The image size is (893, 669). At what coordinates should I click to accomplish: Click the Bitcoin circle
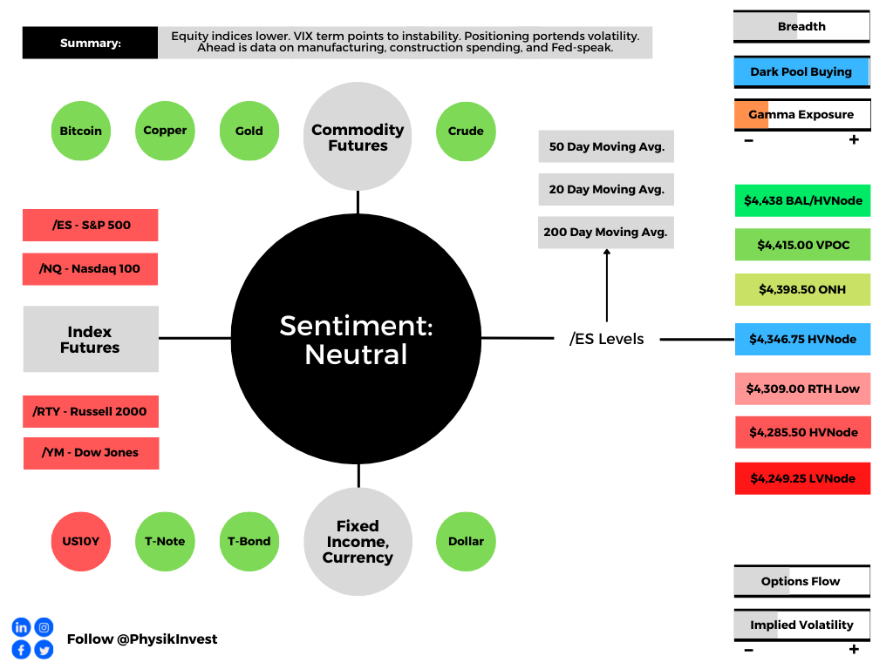point(81,131)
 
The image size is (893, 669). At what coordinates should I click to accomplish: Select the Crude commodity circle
point(466,132)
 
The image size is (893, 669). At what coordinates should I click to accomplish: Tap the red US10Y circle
point(81,542)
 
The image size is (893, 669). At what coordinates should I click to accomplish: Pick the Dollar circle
point(466,542)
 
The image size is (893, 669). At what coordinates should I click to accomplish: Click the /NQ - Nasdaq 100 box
point(90,269)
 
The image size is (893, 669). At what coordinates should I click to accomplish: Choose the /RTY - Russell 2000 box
point(91,411)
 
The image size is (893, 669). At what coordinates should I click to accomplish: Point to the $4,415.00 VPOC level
point(803,245)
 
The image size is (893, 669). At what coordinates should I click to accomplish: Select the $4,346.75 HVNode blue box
point(803,339)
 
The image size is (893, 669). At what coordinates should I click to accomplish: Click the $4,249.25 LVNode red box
point(803,478)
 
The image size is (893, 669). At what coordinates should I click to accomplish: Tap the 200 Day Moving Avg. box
point(606,232)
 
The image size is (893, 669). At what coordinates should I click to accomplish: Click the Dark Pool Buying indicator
point(802,72)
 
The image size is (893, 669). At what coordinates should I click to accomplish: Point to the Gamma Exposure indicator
point(802,115)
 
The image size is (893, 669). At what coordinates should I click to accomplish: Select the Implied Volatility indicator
point(802,625)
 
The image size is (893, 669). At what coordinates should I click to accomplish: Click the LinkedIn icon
point(21,627)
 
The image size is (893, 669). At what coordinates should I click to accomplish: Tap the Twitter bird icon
point(44,650)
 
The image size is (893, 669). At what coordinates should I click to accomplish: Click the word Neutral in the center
point(356,355)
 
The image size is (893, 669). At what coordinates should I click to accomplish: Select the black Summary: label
point(90,43)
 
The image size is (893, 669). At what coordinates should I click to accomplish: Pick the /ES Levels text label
point(607,339)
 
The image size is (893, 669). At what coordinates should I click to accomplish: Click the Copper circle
point(165,131)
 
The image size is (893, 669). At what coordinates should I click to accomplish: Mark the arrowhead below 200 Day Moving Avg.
point(607,252)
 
